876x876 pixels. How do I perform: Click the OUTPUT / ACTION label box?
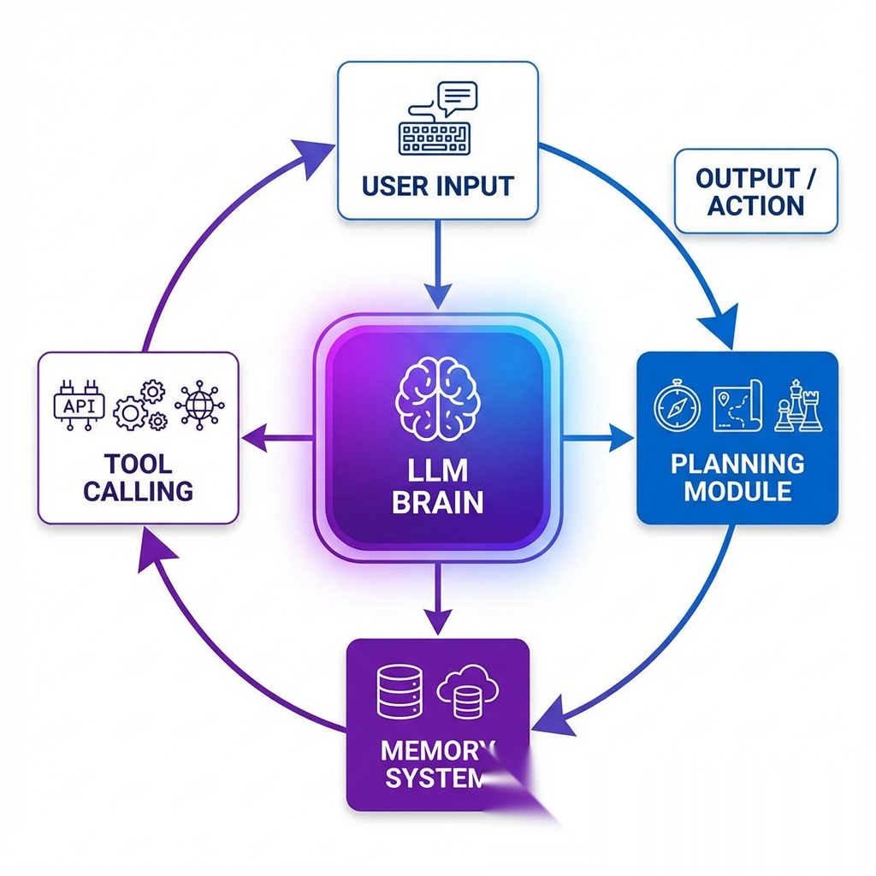(755, 192)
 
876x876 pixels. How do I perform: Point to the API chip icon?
(80, 405)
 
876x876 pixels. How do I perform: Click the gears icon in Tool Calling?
(140, 406)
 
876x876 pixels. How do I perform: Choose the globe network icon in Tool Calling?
(199, 405)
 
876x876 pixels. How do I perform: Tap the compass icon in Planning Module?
(677, 406)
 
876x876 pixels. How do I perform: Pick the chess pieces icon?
(798, 406)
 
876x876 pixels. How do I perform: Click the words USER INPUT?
(437, 186)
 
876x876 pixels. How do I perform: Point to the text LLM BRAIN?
(437, 486)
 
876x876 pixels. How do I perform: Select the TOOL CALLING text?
(138, 477)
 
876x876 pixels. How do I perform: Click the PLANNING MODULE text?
(737, 477)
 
